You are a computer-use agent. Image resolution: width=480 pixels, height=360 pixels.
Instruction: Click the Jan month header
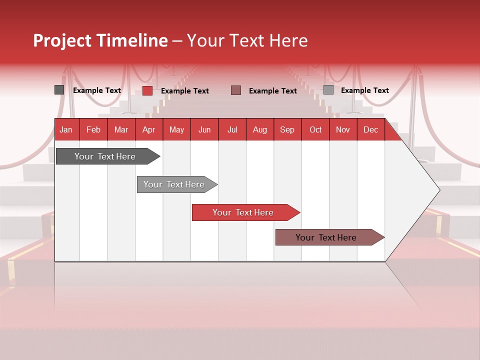click(66, 129)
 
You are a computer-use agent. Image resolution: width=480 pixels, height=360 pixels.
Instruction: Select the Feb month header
click(93, 129)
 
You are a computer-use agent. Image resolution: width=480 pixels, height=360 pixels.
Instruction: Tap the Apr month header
click(148, 129)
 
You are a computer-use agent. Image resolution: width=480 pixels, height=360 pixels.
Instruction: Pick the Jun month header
click(204, 129)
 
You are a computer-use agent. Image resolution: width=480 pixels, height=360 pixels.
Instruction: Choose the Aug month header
click(259, 129)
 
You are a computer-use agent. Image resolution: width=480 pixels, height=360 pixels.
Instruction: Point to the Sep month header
click(287, 129)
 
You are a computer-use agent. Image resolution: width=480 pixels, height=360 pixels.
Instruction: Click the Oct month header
click(315, 129)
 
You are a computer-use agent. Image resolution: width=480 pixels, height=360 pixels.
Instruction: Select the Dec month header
click(370, 129)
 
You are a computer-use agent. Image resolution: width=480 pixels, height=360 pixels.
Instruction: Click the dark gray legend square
click(59, 90)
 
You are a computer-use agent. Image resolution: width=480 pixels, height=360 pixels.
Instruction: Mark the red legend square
click(147, 90)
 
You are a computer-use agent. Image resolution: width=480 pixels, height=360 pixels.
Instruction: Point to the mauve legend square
click(236, 90)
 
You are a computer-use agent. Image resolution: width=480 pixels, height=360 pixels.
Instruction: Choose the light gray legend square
click(328, 90)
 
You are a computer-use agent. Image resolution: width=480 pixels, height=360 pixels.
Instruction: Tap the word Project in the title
click(62, 40)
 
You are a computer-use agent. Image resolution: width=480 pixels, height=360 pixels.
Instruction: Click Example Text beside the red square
click(185, 91)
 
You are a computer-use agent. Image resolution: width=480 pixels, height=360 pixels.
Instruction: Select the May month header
click(176, 129)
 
